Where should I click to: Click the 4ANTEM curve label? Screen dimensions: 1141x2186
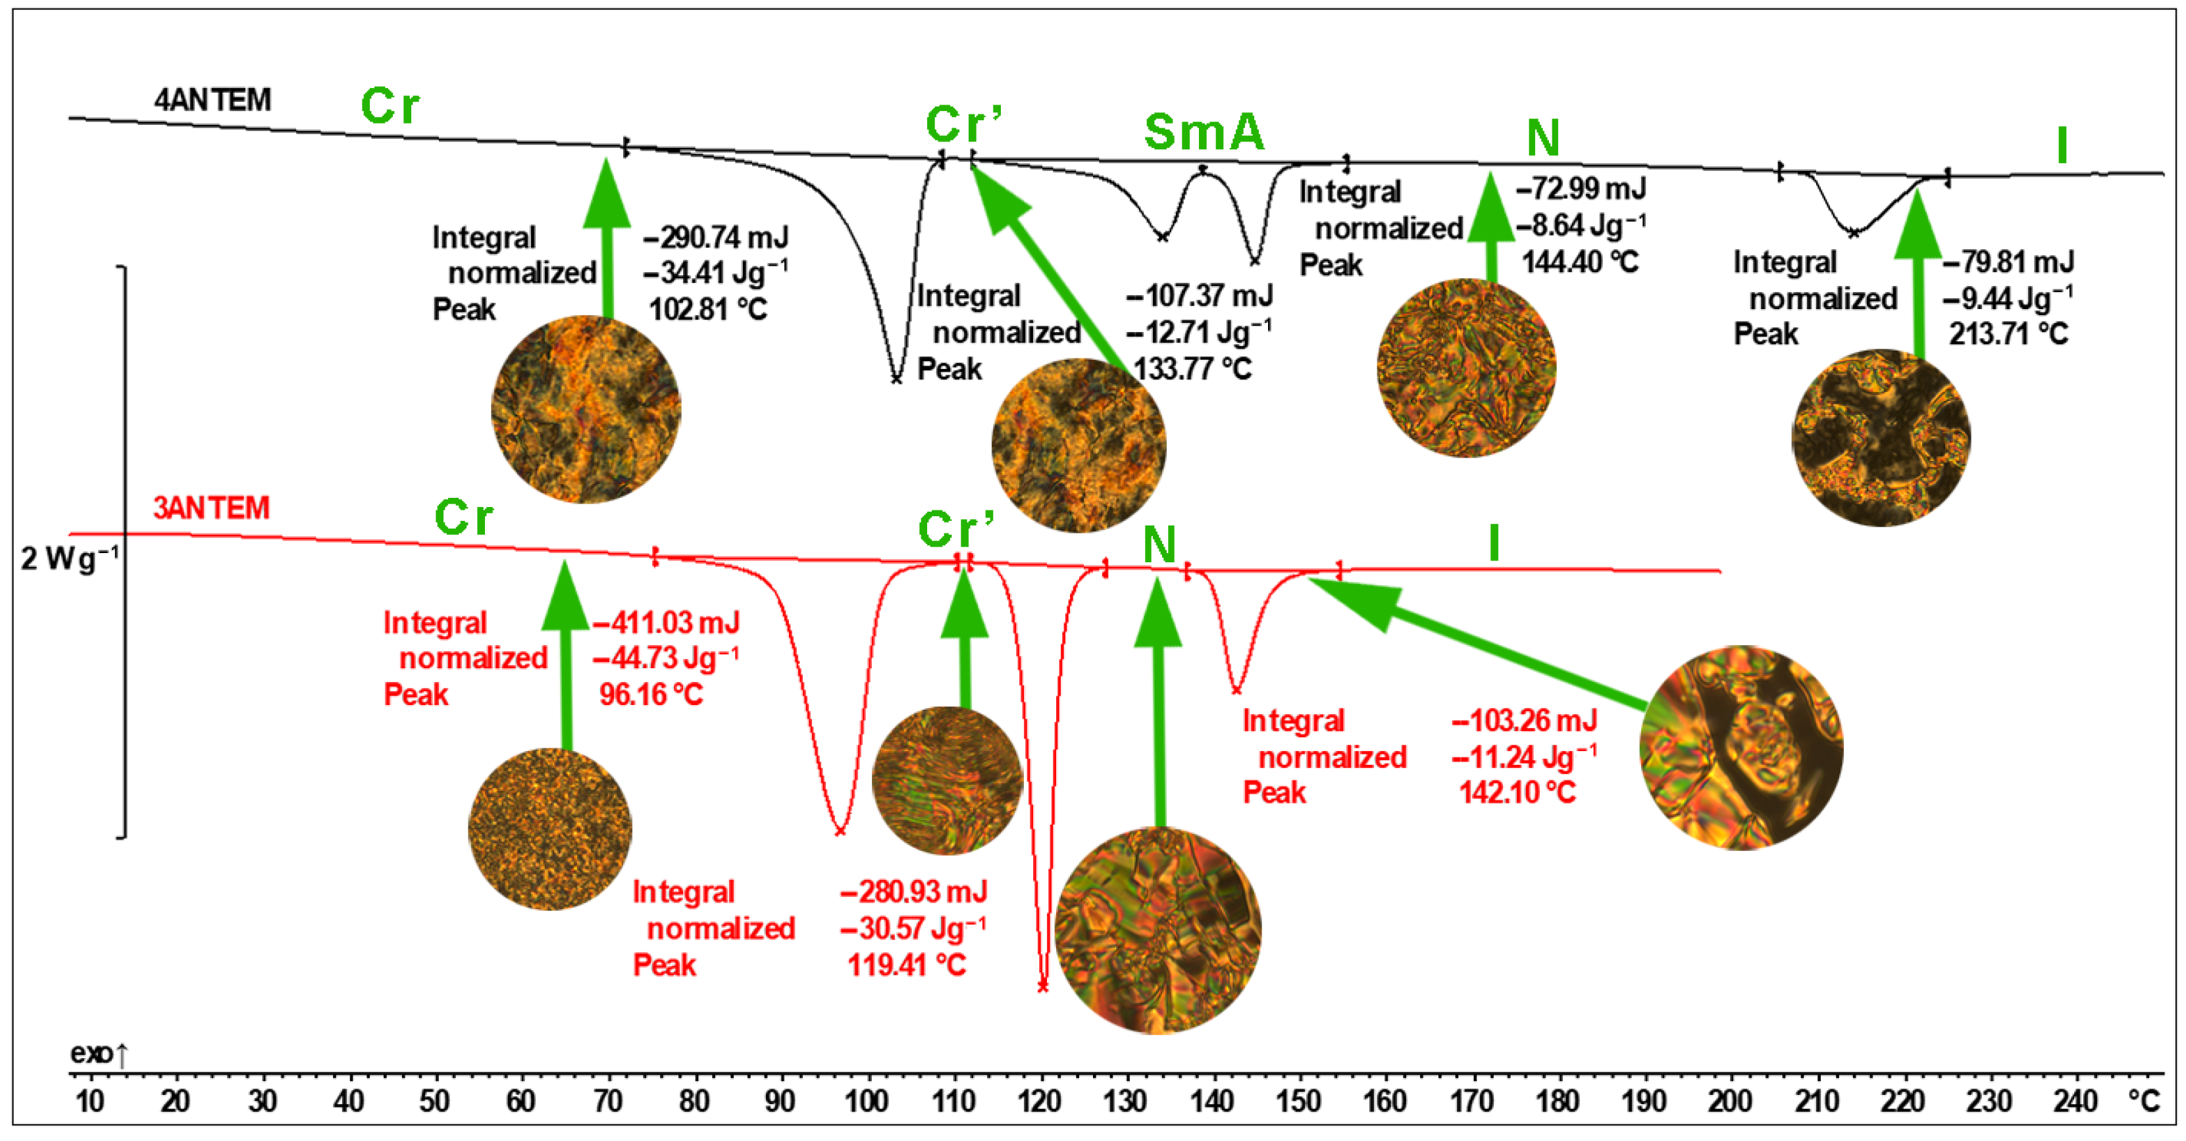(212, 100)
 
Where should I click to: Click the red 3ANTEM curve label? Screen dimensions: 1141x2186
(211, 508)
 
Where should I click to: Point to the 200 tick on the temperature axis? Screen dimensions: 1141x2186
(1729, 1101)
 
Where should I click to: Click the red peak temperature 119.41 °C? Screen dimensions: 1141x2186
(906, 965)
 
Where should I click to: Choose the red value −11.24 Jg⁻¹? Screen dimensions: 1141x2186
(1524, 756)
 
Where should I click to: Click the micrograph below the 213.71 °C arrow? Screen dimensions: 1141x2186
(1881, 438)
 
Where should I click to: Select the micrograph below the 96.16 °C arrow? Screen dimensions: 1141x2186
(550, 829)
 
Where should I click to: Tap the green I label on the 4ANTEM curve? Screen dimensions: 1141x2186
(2062, 146)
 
